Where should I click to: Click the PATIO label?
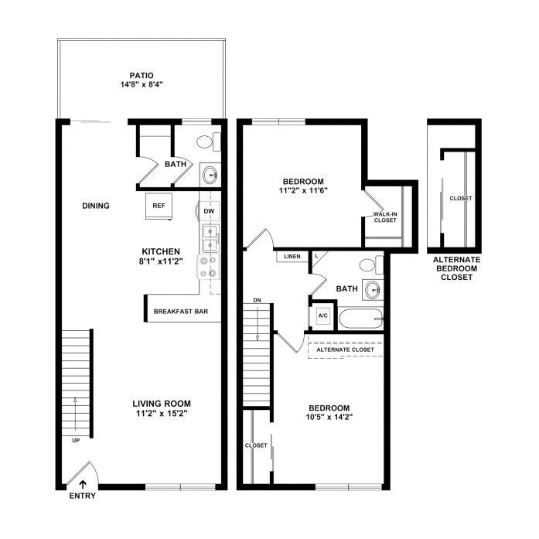(142, 75)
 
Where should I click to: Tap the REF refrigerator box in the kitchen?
(159, 206)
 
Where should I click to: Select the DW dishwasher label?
(209, 211)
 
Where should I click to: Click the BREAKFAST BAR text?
(181, 312)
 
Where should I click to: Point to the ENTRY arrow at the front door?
(83, 484)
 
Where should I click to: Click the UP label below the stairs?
(76, 440)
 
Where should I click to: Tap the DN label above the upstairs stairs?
(257, 300)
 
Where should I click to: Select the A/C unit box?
(322, 316)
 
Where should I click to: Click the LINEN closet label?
(292, 257)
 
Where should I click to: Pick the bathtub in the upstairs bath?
(361, 319)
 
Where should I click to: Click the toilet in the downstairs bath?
(209, 142)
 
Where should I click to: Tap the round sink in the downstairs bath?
(210, 175)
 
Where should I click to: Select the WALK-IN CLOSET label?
(385, 217)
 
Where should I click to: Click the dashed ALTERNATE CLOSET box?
(345, 350)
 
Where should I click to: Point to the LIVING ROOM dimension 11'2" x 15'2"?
(162, 413)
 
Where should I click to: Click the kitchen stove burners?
(208, 267)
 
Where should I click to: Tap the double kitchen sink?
(210, 238)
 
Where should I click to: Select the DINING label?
(96, 206)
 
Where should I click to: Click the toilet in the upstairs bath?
(371, 264)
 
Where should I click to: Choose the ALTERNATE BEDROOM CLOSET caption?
(456, 268)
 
